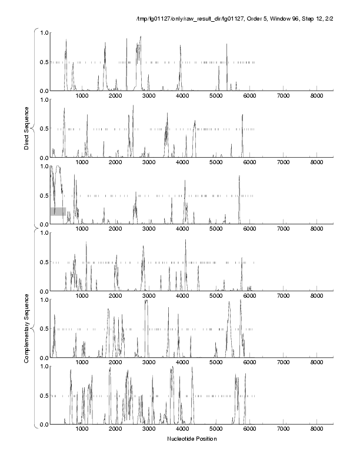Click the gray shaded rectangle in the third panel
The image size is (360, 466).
point(58,211)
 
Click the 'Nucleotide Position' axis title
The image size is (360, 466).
point(192,439)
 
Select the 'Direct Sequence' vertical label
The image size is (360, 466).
point(27,128)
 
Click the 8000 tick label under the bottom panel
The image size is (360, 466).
point(316,430)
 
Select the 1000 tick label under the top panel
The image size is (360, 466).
point(82,96)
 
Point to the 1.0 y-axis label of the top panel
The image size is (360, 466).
point(42,32)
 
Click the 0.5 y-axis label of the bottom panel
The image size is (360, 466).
point(42,395)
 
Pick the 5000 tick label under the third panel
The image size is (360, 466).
point(216,229)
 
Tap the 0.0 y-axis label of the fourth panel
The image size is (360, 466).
point(42,291)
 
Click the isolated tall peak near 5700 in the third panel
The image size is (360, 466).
point(239,177)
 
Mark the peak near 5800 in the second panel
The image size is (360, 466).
point(242,115)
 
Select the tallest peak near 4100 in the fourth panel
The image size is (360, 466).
point(185,240)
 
